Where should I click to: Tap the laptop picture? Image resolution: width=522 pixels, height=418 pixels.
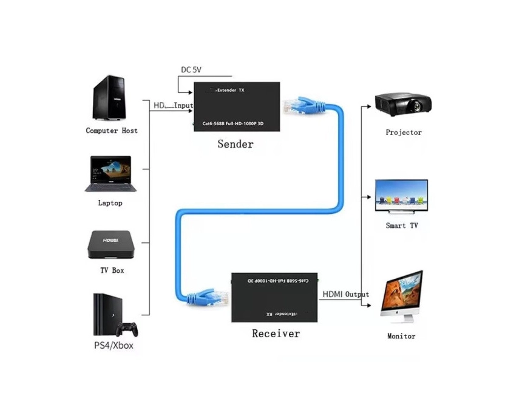(x=110, y=174)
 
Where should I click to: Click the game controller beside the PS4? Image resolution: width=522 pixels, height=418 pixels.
(x=127, y=329)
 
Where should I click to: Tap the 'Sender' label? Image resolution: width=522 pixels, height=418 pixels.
(x=236, y=144)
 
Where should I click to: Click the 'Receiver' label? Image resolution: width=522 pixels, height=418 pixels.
(x=276, y=334)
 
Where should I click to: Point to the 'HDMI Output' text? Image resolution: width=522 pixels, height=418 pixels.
(x=345, y=294)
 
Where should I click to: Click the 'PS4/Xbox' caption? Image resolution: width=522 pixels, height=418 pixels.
(x=114, y=346)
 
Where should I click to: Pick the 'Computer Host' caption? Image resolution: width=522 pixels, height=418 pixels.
(x=112, y=131)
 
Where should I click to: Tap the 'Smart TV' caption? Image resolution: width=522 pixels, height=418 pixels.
(x=402, y=225)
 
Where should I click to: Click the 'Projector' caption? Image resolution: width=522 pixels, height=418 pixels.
(x=404, y=132)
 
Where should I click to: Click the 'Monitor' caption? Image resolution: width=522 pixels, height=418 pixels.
(x=401, y=336)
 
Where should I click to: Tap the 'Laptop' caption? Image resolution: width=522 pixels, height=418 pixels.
(x=110, y=203)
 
